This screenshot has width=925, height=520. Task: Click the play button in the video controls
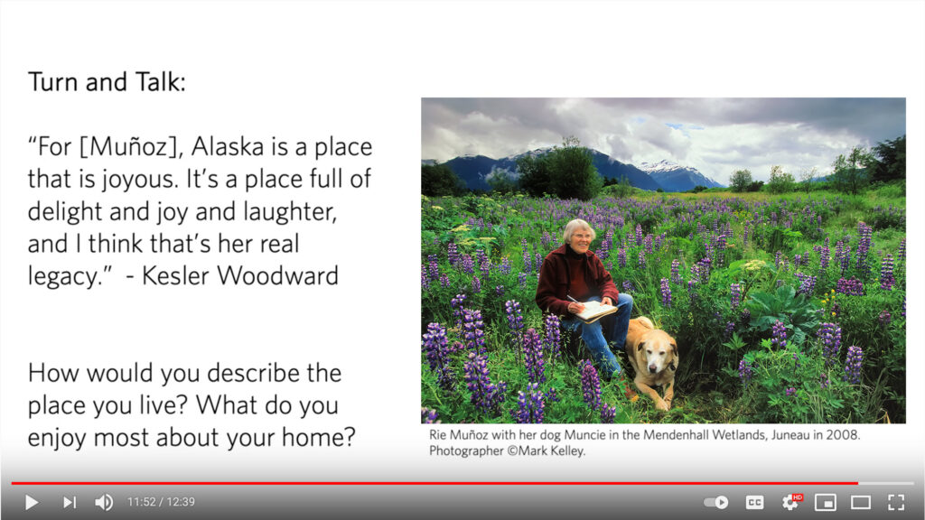click(32, 502)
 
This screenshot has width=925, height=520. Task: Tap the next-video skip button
click(70, 502)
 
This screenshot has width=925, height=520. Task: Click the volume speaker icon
click(105, 502)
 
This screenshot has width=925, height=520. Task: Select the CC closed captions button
click(754, 502)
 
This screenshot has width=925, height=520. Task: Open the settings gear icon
click(790, 502)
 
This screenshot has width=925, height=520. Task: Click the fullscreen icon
click(896, 502)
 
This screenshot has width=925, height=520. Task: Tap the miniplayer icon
click(826, 502)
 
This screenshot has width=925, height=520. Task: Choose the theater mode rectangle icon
click(861, 502)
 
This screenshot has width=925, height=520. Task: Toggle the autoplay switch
click(716, 502)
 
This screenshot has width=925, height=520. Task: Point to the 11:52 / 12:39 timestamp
click(161, 502)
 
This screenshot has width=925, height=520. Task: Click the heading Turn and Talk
click(107, 81)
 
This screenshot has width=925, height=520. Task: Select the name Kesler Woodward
click(240, 275)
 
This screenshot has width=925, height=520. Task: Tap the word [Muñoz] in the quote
click(129, 147)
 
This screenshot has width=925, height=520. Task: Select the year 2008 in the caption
click(844, 435)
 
